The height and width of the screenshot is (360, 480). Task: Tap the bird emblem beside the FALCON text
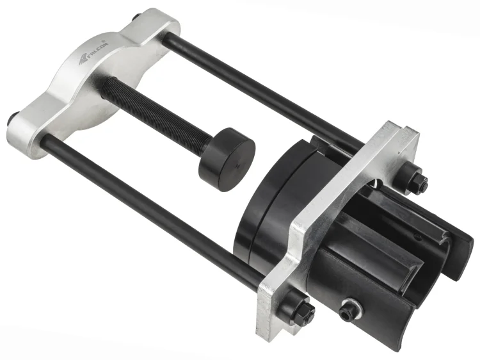coord(84,60)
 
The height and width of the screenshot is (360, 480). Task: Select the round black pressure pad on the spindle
coord(227,160)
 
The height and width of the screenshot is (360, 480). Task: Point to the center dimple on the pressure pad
coord(237,166)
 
